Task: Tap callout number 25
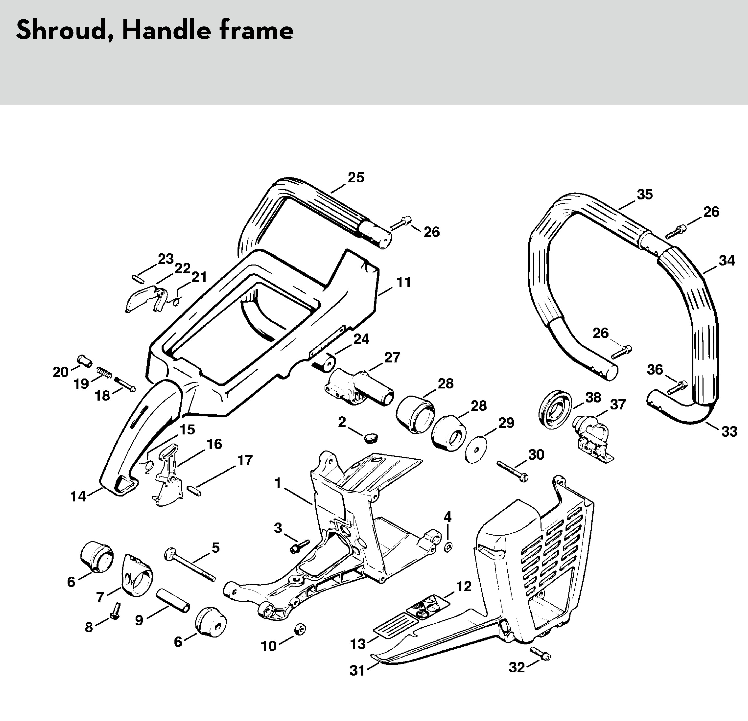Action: tap(356, 177)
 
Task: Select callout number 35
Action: tap(645, 195)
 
